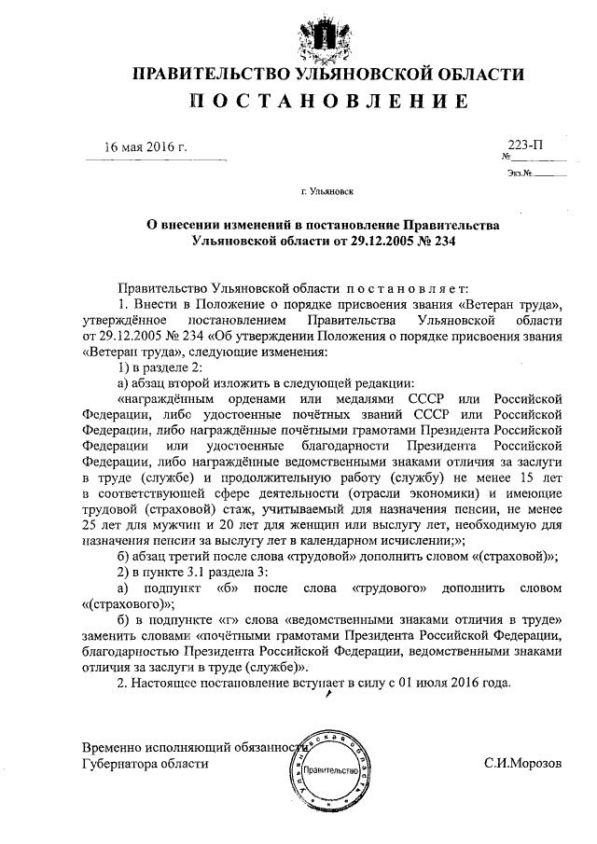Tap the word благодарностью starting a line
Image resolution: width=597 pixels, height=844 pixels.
[126, 654]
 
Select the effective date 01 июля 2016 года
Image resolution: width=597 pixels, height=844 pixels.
[448, 684]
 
